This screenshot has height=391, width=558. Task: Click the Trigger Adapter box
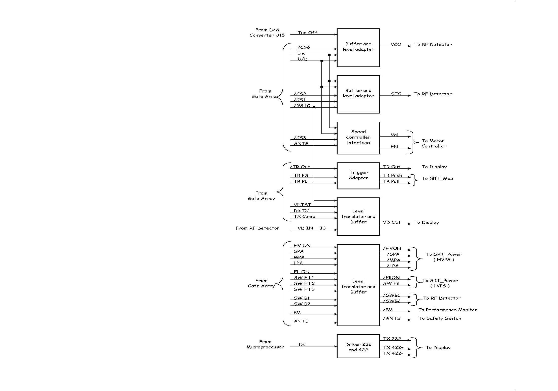click(x=358, y=176)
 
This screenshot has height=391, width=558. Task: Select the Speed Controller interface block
click(x=358, y=138)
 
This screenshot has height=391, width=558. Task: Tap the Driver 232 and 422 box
click(x=358, y=346)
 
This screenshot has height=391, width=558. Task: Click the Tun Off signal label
click(x=307, y=33)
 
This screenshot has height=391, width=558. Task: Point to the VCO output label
click(x=396, y=44)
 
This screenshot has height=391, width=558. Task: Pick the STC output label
click(x=396, y=94)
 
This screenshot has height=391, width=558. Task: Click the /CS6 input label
click(x=304, y=47)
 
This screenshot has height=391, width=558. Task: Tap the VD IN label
click(x=305, y=228)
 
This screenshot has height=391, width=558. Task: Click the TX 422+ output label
click(x=393, y=347)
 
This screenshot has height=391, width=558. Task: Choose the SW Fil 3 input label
click(x=304, y=289)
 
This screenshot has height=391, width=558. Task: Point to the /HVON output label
click(x=392, y=248)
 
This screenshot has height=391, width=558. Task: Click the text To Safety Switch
click(x=440, y=318)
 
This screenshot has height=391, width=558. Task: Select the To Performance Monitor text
click(x=448, y=310)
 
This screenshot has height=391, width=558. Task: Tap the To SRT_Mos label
click(x=437, y=178)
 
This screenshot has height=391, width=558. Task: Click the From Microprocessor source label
click(x=265, y=344)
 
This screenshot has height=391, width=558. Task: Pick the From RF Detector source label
click(x=257, y=228)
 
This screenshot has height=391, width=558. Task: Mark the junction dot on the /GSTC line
click(x=314, y=107)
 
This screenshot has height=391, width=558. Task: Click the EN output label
click(x=394, y=147)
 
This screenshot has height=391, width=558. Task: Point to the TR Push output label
click(x=392, y=176)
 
